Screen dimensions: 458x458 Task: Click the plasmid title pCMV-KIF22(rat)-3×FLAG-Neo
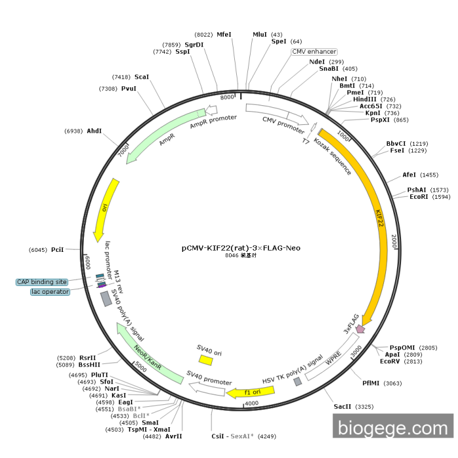click(241, 248)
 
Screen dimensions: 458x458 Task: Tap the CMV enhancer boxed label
click(314, 52)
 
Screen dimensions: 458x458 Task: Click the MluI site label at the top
click(260, 35)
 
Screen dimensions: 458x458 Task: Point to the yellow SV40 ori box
click(206, 360)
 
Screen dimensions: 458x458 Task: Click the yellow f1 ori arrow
click(250, 391)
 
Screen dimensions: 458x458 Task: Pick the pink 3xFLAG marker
click(359, 329)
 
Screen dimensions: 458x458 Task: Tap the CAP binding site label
click(43, 282)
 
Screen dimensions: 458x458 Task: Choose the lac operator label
click(50, 292)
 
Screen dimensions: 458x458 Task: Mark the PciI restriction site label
click(57, 250)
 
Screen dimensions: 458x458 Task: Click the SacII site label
click(344, 407)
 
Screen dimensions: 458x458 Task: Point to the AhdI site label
click(94, 131)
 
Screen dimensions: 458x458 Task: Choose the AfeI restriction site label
click(410, 175)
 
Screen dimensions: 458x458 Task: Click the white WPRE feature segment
click(333, 359)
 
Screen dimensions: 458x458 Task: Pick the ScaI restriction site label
click(142, 77)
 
